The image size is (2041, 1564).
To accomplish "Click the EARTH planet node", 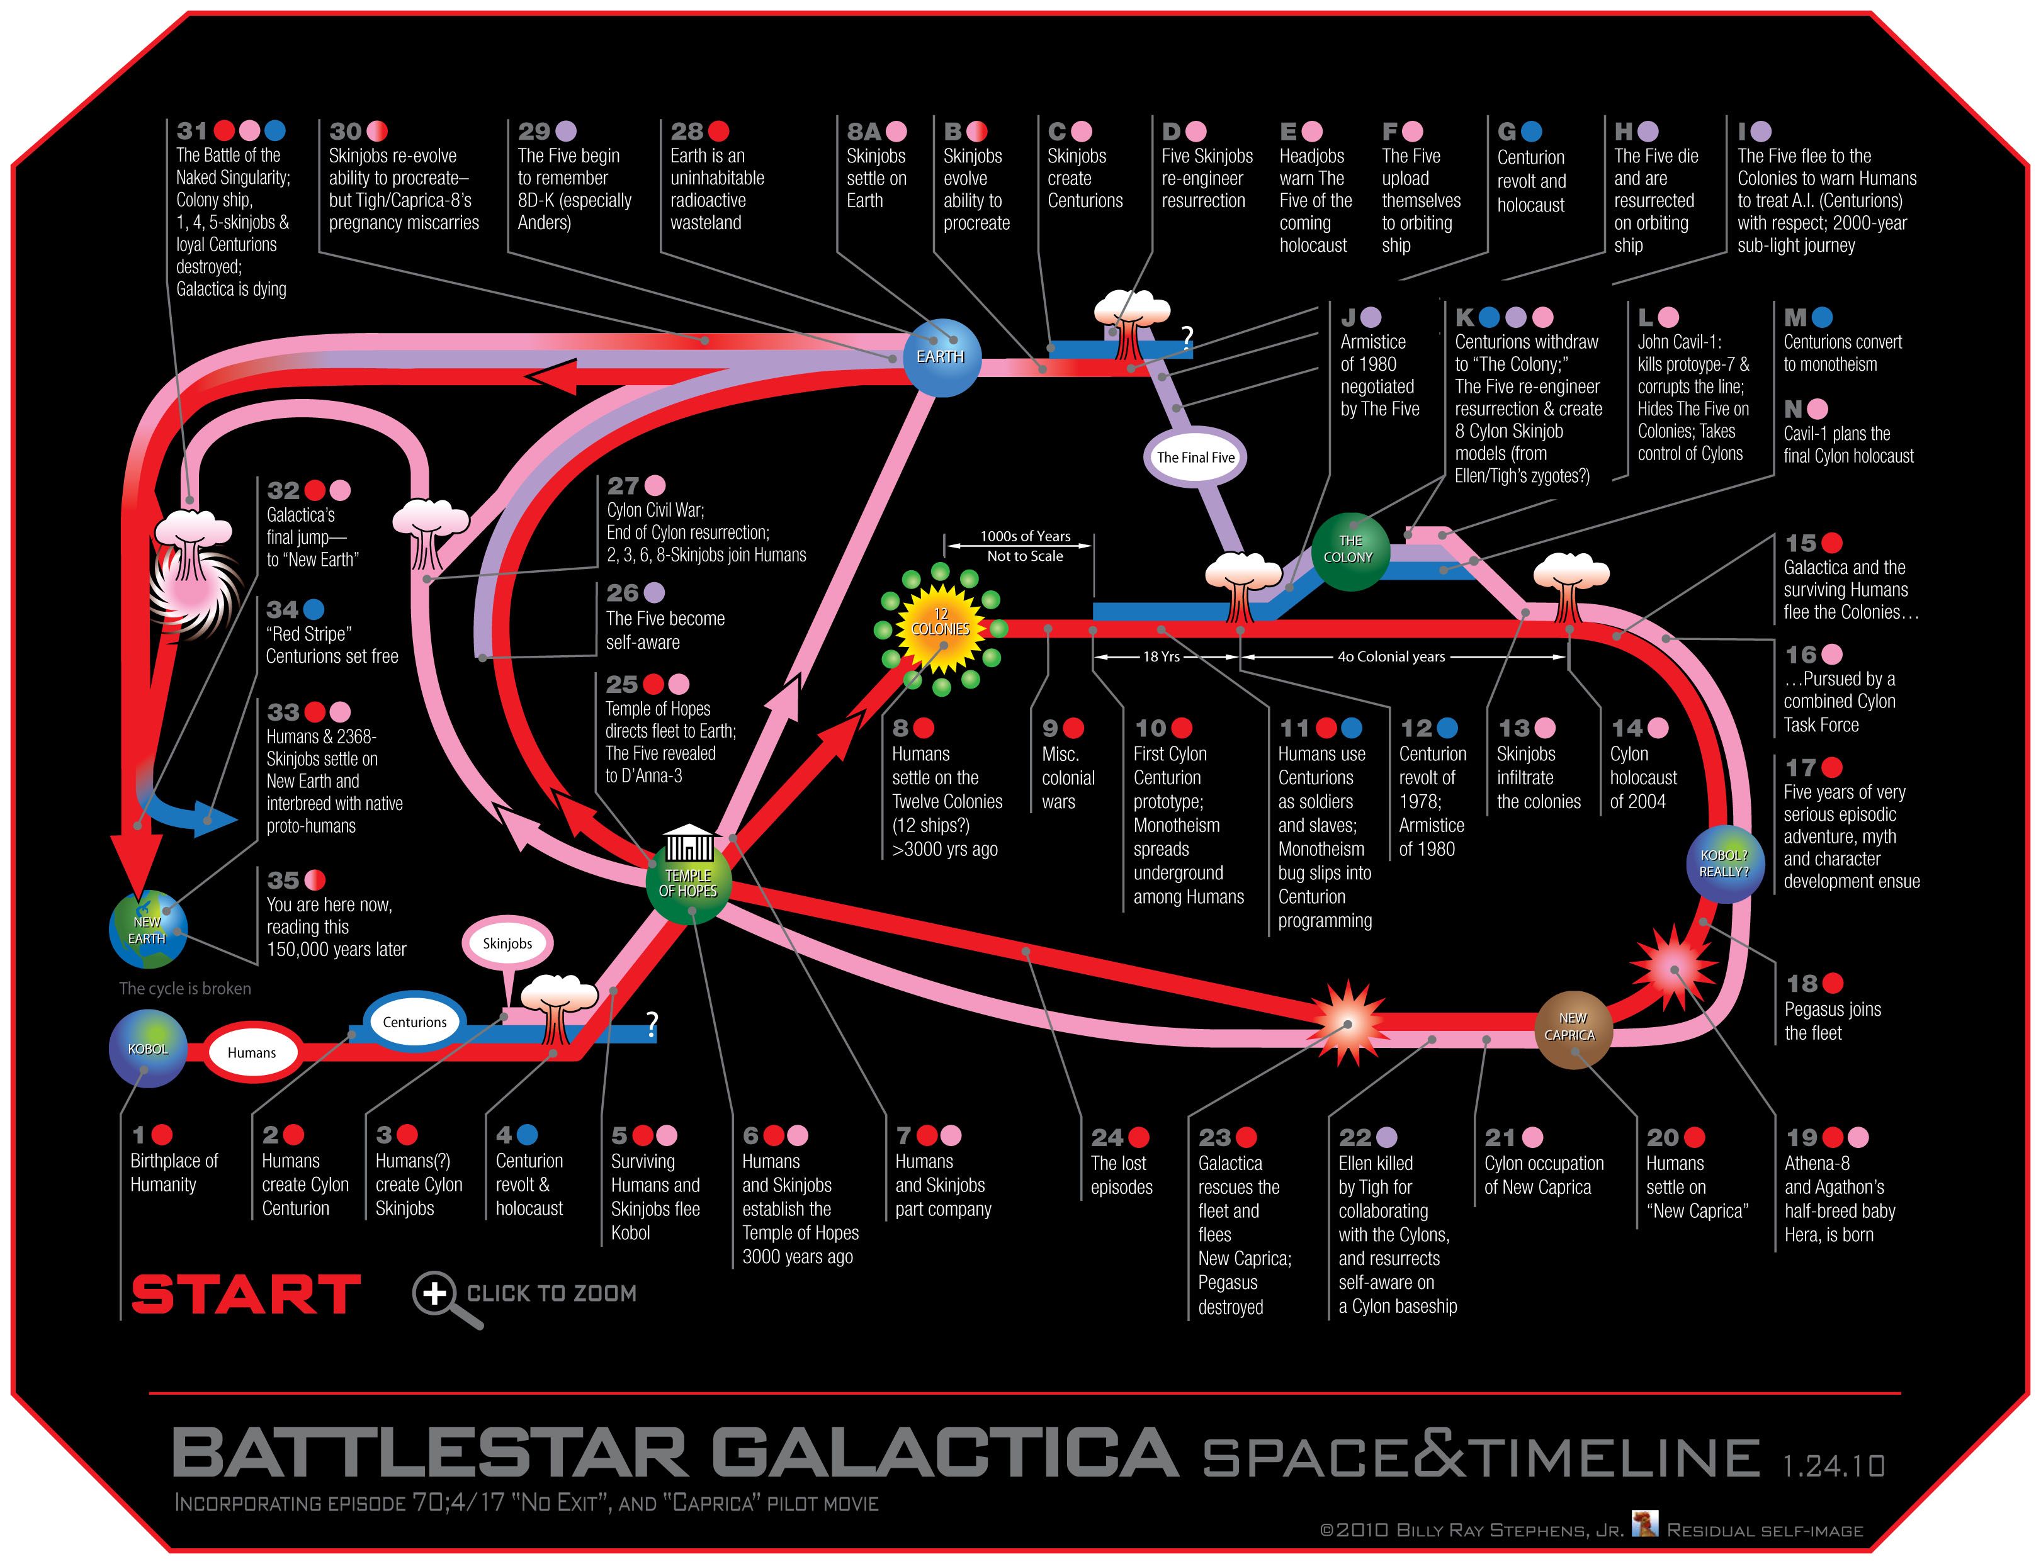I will coord(941,357).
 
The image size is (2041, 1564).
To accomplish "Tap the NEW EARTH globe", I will coord(147,929).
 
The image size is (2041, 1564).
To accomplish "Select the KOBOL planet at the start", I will coord(148,1050).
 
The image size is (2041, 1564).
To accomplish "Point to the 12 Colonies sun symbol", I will coord(941,627).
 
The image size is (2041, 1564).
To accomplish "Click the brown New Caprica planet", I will coord(1572,1028).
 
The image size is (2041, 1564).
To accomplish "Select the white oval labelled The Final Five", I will coord(1195,457).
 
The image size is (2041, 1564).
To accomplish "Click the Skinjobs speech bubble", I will coord(507,943).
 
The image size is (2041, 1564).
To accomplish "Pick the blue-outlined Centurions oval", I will coord(414,1022).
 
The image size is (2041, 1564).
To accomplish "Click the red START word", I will coord(246,1294).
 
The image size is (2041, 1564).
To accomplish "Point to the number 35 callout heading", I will coord(283,880).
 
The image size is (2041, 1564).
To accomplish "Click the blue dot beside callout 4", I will coord(527,1134).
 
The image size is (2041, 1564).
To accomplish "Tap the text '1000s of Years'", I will coord(1025,536).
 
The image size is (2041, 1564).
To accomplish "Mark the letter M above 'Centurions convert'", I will coord(1794,317).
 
